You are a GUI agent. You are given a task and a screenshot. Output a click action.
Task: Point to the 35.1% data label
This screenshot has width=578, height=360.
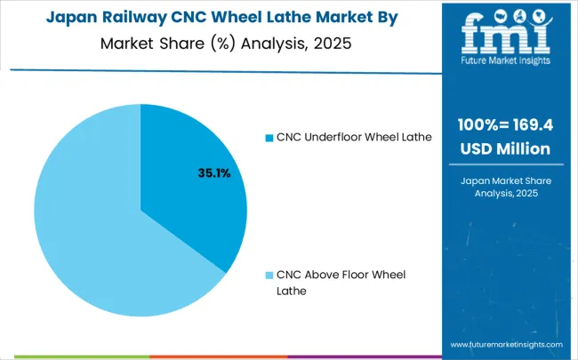coord(213,173)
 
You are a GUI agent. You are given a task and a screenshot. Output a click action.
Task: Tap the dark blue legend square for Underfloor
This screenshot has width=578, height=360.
coord(269,137)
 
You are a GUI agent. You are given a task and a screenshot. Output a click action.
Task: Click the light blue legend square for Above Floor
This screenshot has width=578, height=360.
coord(269,275)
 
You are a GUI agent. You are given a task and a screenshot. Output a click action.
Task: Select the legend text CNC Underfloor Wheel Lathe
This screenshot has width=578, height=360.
coord(353,137)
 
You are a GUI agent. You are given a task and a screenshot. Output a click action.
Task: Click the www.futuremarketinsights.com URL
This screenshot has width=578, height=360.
coord(506,344)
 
